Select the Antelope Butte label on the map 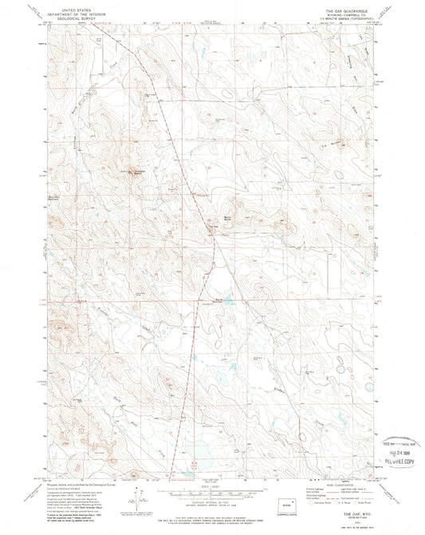(133, 171)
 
